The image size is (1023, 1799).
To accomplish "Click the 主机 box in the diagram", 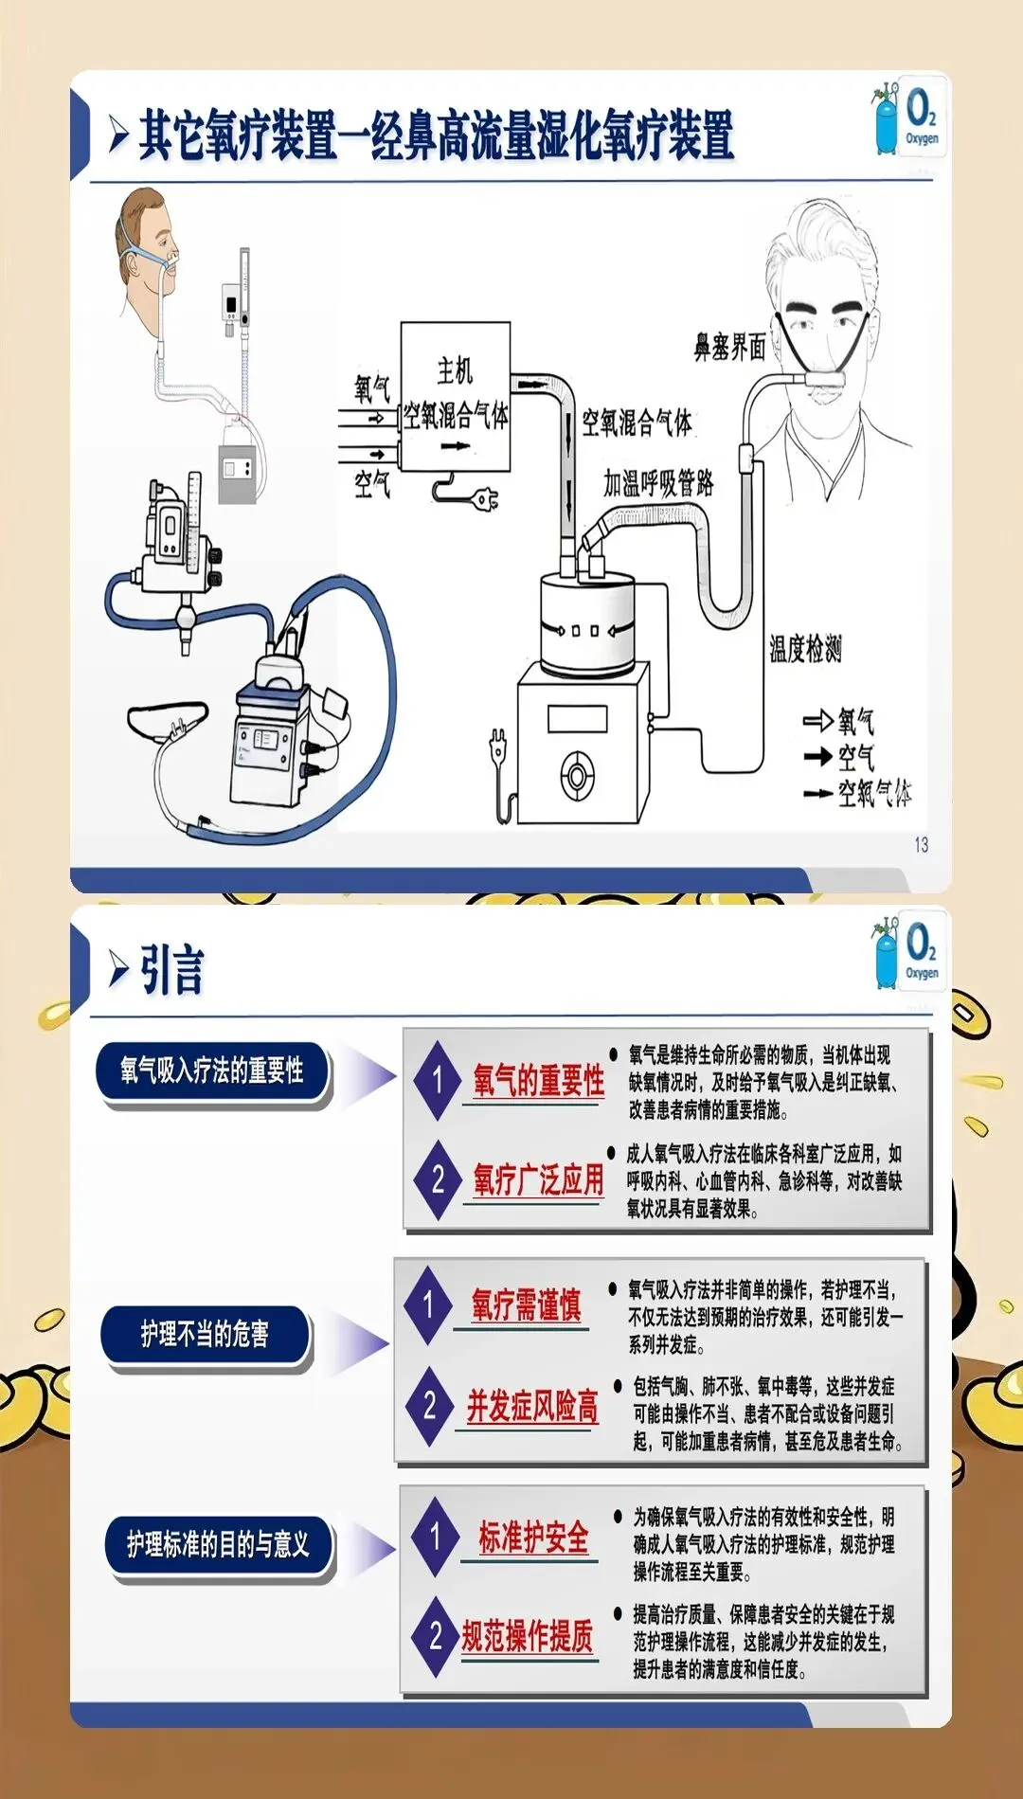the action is [455, 396].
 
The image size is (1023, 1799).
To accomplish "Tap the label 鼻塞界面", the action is [729, 347].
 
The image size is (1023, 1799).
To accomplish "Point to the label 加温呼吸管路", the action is [658, 483].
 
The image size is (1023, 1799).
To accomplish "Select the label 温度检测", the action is [804, 649].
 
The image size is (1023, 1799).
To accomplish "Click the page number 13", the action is [921, 844].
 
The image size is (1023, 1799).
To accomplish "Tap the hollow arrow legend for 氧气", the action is [818, 722].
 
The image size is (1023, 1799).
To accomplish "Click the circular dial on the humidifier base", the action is [577, 776].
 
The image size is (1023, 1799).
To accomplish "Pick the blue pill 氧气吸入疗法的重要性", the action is [212, 1071].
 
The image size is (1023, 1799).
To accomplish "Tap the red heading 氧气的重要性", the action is [539, 1079].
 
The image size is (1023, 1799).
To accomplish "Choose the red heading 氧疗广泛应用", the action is [538, 1179].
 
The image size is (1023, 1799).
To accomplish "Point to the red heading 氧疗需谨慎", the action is [526, 1304].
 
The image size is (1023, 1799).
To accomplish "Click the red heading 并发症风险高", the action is [532, 1406].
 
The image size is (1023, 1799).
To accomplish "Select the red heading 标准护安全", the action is [533, 1537].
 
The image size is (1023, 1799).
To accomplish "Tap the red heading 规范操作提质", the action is [528, 1636].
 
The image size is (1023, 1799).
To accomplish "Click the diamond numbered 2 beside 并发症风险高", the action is [430, 1406].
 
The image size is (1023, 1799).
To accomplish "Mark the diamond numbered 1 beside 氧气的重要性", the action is [438, 1079].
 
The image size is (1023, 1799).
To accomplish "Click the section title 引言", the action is [171, 970].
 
